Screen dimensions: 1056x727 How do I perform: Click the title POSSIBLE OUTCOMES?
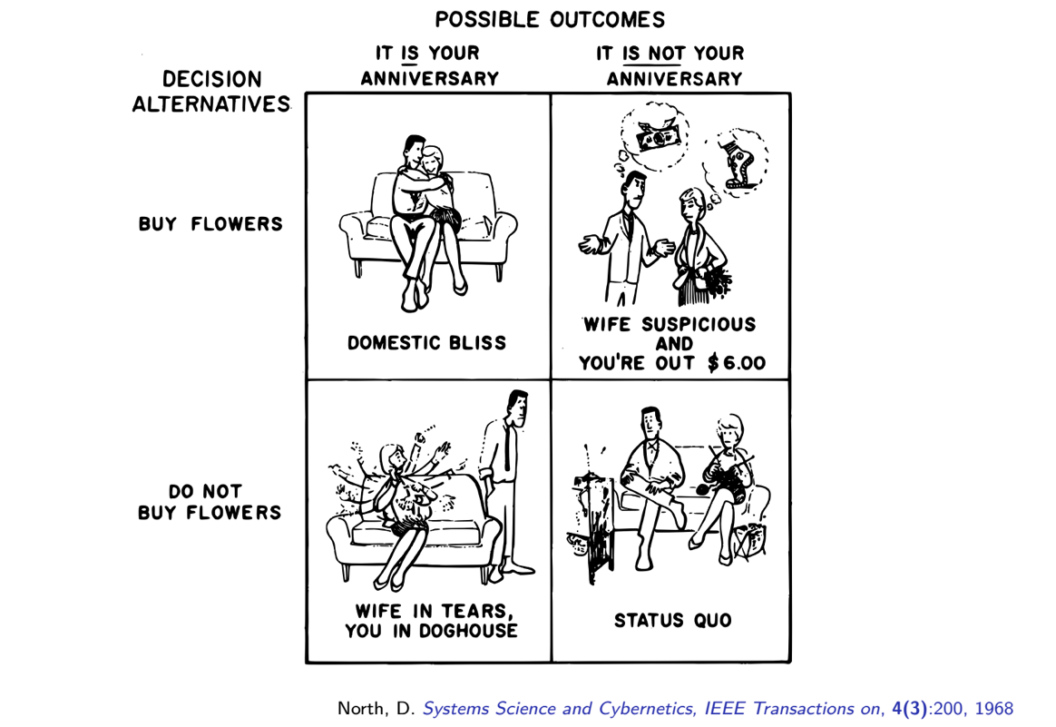[550, 20]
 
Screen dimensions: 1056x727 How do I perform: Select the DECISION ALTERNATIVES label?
[211, 92]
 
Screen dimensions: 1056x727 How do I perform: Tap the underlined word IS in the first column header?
[409, 54]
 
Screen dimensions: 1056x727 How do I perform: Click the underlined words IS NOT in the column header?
[651, 54]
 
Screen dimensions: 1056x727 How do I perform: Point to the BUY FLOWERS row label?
[210, 223]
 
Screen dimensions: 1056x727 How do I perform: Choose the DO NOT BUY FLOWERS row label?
[210, 502]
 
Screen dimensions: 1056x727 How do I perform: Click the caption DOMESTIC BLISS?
[427, 343]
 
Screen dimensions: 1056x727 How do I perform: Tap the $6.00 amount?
[736, 363]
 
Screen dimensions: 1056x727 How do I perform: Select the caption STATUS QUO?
[673, 620]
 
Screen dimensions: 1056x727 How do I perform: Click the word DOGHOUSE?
[469, 631]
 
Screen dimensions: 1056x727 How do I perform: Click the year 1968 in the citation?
[994, 709]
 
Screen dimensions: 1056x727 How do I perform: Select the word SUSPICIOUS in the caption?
[699, 324]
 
